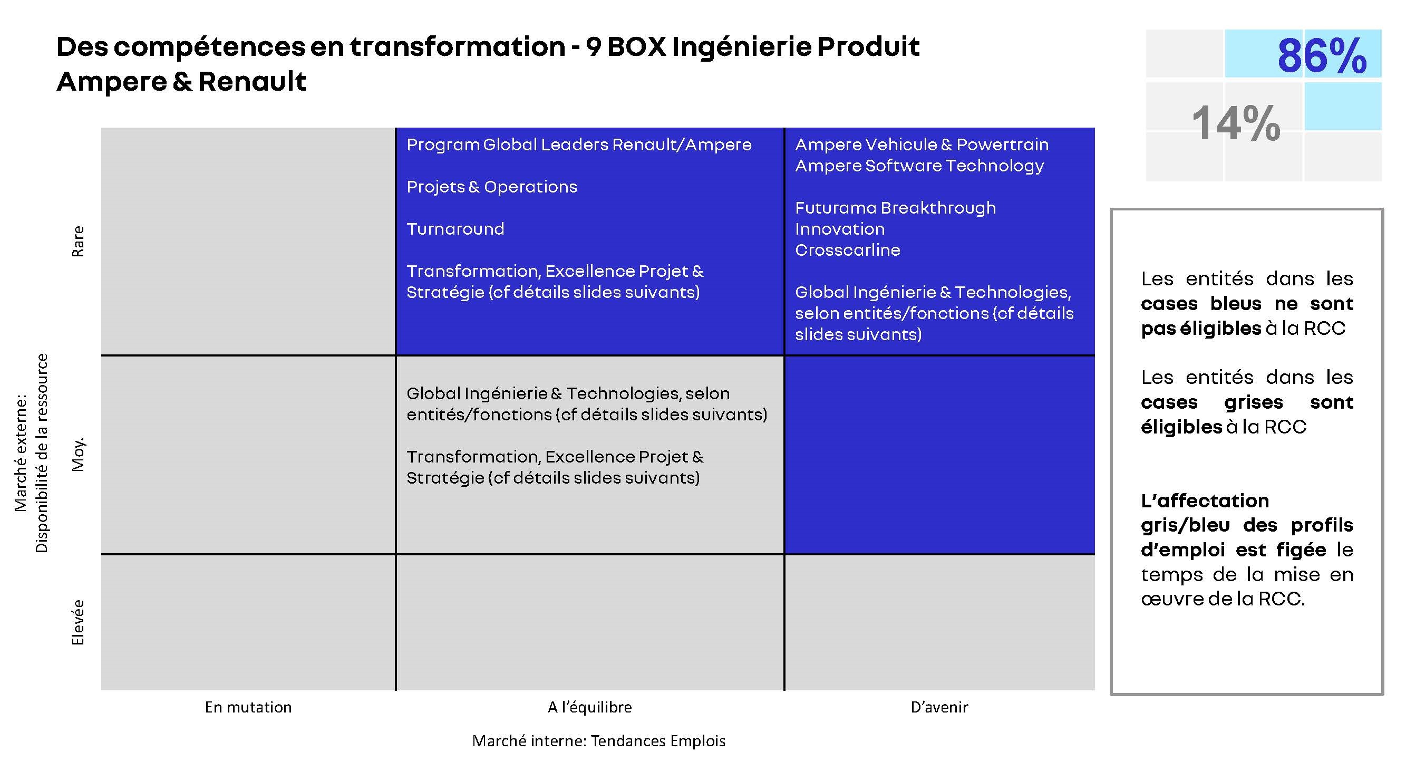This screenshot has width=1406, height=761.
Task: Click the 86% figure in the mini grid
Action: [1322, 56]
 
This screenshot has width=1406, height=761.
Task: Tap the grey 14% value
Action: [1236, 123]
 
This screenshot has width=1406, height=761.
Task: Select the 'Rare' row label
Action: [78, 242]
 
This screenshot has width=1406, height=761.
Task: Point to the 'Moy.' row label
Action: [78, 454]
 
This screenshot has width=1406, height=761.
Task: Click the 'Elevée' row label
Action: [78, 622]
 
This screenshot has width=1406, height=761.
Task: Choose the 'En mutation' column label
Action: [248, 708]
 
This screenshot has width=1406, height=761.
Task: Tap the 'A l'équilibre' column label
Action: [589, 708]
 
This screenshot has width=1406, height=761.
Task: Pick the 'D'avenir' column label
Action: [939, 708]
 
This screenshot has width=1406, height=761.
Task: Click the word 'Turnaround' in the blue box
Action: [455, 229]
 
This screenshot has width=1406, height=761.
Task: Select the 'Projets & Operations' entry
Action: [492, 187]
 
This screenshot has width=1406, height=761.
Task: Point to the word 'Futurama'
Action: [835, 208]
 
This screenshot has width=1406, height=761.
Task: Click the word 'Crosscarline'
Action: [848, 250]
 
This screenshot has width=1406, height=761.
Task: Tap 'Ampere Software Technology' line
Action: [919, 166]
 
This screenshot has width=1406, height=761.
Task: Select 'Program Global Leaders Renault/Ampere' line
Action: [579, 145]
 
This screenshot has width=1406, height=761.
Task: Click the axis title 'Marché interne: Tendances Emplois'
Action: [599, 741]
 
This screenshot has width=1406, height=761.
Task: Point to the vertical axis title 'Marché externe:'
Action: [21, 453]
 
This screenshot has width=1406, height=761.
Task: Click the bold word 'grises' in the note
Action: [1254, 402]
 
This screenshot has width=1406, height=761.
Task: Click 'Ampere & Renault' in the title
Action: [181, 82]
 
